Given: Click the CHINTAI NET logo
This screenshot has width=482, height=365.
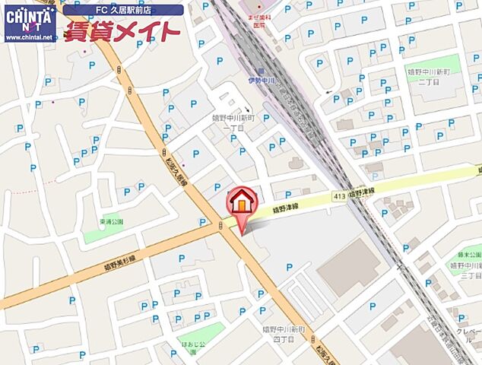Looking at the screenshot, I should [x=29, y=17].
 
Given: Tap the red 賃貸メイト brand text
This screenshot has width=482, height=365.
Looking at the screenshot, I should [x=122, y=31].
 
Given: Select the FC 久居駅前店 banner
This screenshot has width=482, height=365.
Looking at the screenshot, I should [x=122, y=10].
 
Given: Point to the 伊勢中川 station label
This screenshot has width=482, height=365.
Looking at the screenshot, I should [x=261, y=79].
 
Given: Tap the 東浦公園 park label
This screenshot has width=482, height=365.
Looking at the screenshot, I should [x=111, y=222].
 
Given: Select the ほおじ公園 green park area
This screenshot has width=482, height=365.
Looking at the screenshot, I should [x=201, y=332].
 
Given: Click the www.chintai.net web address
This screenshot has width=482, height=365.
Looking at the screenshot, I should [x=29, y=36].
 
